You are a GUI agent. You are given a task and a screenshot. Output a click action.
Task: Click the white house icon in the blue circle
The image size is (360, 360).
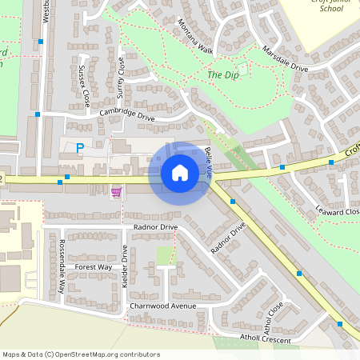click(179, 173)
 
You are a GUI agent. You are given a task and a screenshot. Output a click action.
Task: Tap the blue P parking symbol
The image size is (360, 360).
click(79, 148)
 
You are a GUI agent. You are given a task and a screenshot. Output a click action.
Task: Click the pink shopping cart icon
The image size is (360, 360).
click(117, 193)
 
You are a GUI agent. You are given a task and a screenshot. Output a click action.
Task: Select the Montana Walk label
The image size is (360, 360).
click(195, 37)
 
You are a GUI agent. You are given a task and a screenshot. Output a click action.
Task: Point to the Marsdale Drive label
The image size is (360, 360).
click(285, 58)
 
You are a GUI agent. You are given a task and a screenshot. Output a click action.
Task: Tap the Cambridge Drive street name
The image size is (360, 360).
click(127, 115)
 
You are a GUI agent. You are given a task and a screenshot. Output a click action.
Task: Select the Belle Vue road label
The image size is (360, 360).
click(209, 162)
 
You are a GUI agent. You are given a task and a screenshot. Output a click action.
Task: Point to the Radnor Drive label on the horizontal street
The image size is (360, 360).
click(156, 226)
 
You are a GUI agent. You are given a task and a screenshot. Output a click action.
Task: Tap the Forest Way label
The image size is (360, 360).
click(94, 266)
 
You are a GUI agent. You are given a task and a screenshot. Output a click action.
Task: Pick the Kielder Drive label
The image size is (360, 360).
click(125, 262)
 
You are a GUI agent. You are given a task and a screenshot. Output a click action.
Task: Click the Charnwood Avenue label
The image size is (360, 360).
click(162, 306)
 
